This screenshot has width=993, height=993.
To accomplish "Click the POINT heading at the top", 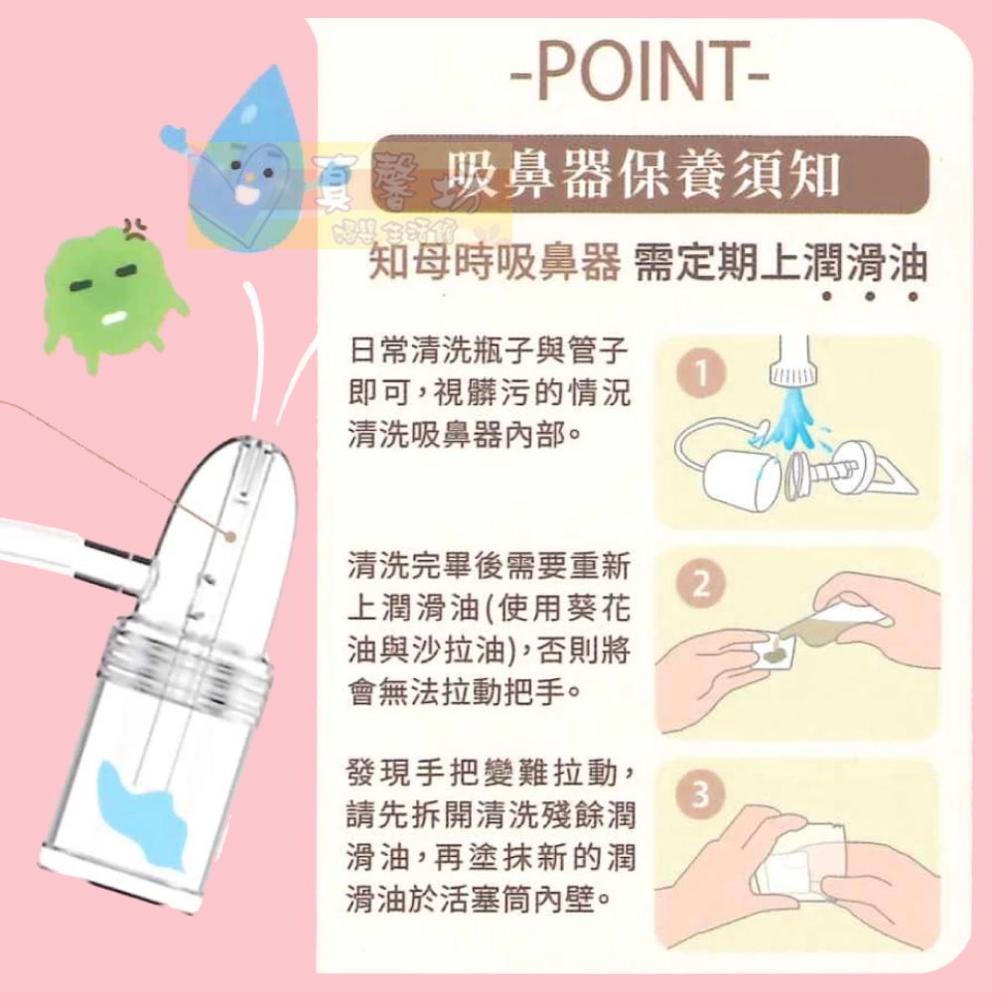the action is [x=639, y=72].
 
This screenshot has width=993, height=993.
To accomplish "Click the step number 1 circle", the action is [x=701, y=373].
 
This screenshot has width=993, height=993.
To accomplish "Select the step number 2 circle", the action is [x=701, y=584].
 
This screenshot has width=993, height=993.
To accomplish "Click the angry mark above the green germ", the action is [x=135, y=229].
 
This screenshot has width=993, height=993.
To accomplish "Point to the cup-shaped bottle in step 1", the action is [x=738, y=480].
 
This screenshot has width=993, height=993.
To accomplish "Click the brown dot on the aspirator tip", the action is [x=230, y=537].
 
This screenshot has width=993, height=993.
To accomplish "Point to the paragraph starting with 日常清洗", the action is [x=490, y=392].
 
